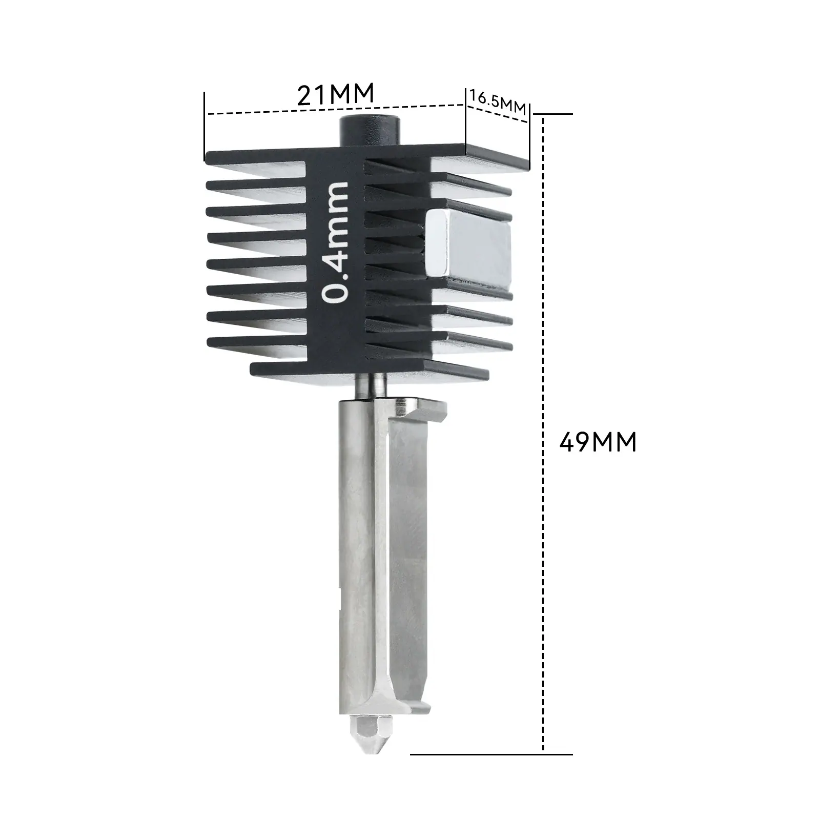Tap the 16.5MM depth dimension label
[x=497, y=101]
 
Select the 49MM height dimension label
[x=598, y=442]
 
